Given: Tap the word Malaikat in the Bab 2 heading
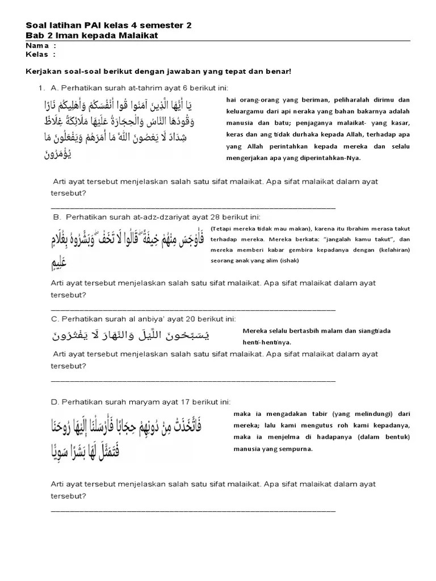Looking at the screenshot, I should (x=137, y=36).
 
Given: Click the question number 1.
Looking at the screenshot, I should (x=41, y=87).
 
